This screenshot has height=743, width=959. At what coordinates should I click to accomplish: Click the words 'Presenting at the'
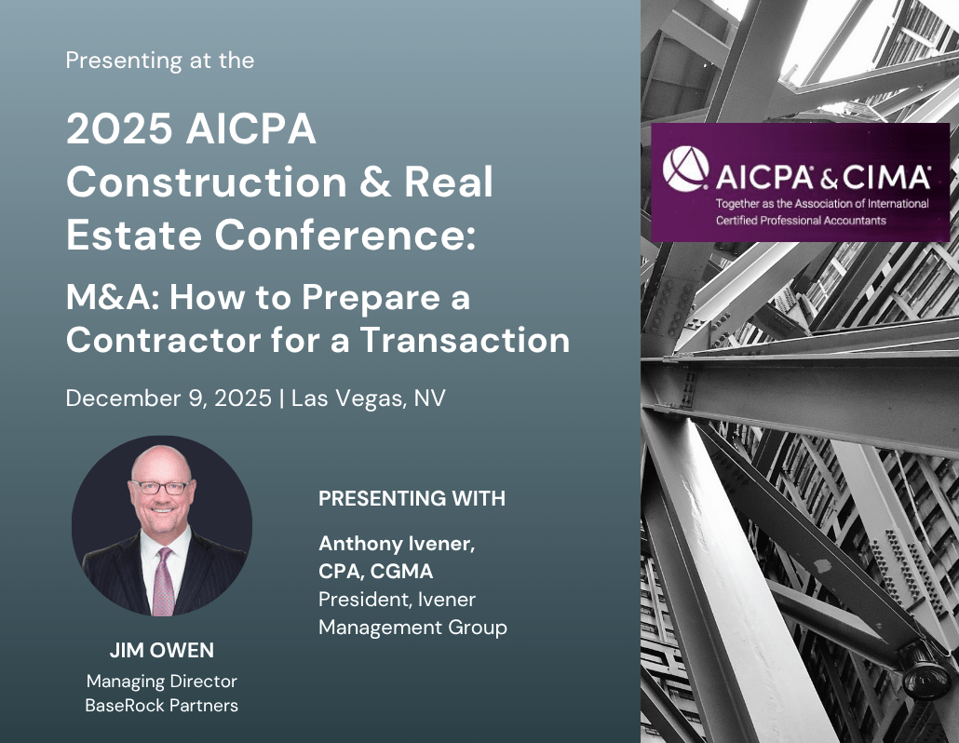(159, 61)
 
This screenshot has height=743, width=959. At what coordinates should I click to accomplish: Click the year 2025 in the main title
(119, 130)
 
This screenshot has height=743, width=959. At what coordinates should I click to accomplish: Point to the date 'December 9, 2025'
(169, 399)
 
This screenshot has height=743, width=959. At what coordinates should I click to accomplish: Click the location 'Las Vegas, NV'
(369, 399)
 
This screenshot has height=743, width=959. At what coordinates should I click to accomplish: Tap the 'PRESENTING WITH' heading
(412, 499)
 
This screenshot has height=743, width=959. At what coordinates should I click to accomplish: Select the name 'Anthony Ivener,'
(397, 545)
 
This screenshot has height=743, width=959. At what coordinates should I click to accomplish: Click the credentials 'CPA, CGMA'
(376, 571)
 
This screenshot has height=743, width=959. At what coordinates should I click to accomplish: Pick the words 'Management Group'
(412, 627)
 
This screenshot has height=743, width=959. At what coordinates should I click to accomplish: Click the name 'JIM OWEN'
(161, 649)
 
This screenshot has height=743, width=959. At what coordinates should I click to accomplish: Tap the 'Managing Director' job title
(161, 681)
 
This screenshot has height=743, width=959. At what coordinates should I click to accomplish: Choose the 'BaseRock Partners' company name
(161, 705)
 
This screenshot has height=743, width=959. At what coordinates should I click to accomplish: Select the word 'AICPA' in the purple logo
(761, 175)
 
